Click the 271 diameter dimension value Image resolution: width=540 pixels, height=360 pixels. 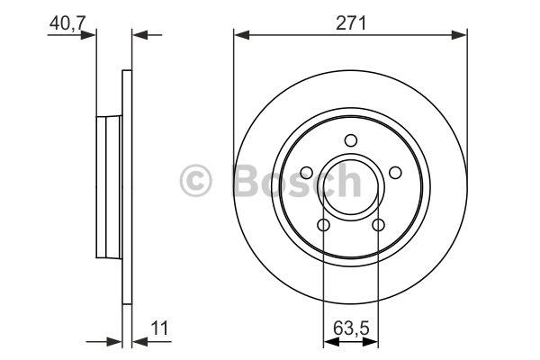pyautogui.click(x=351, y=23)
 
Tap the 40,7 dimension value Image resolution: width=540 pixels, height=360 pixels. pyautogui.click(x=67, y=23)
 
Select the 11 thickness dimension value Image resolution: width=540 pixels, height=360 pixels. pyautogui.click(x=160, y=328)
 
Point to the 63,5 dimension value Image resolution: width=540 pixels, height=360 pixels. pyautogui.click(x=351, y=328)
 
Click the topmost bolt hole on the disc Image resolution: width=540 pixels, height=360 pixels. pyautogui.click(x=351, y=140)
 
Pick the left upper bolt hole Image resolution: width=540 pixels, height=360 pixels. pyautogui.click(x=307, y=172)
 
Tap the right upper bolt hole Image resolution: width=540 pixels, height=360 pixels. pyautogui.click(x=395, y=172)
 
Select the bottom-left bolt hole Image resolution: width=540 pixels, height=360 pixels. pyautogui.click(x=323, y=225)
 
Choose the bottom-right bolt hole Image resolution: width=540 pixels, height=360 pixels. pyautogui.click(x=378, y=225)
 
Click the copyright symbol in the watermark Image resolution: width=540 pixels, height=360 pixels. pyautogui.click(x=195, y=181)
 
